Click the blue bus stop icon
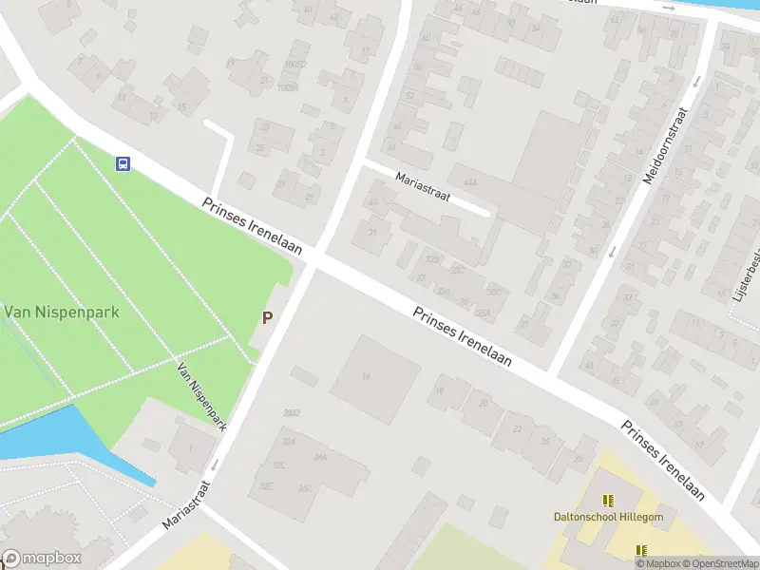pos(123,163)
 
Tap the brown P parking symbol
pos(267,318)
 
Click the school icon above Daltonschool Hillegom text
pos(608,500)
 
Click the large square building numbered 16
pos(374,377)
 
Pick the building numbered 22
pos(517,428)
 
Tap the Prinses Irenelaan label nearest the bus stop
pos(252,226)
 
